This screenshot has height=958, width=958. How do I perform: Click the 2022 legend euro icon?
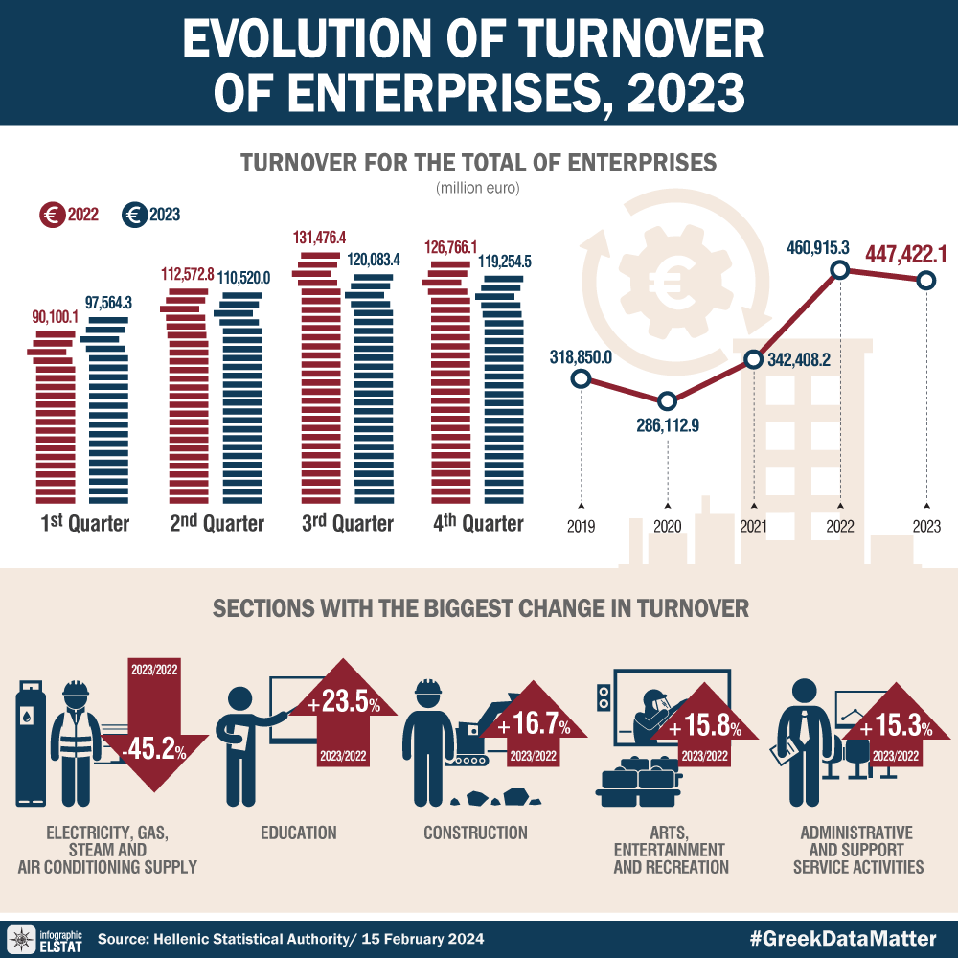tap(52, 216)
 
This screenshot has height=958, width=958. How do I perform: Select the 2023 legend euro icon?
tap(135, 216)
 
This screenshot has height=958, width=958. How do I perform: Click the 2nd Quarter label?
tap(217, 523)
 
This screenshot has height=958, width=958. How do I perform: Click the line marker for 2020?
tap(667, 400)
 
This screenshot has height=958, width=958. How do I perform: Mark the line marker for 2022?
tap(840, 270)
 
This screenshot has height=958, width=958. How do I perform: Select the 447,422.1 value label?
tap(906, 254)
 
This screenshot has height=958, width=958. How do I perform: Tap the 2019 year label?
tap(581, 526)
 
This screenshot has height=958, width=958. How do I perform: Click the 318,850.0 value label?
tap(581, 357)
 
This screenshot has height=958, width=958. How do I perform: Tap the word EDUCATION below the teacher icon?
tap(299, 833)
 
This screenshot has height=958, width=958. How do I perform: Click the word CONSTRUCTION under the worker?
tap(476, 833)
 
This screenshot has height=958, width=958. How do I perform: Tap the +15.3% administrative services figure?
tap(896, 729)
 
